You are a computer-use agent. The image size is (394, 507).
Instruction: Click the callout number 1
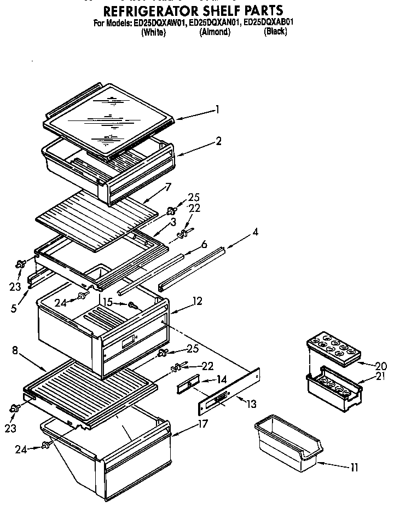click(x=217, y=110)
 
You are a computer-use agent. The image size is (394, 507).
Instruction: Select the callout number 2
click(x=218, y=141)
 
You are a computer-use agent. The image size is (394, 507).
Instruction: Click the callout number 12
click(x=197, y=301)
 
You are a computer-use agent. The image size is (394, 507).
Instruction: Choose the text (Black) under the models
click(x=275, y=32)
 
